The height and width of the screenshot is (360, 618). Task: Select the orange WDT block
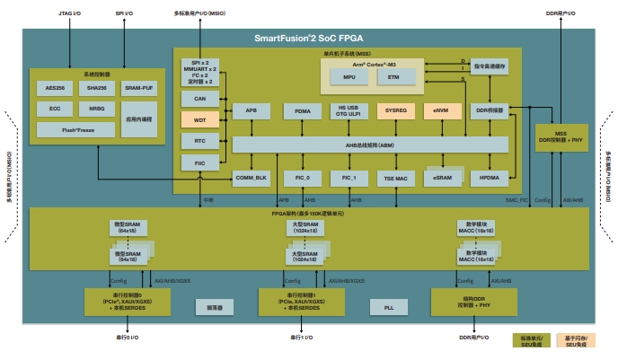199,119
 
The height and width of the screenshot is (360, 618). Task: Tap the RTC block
199,141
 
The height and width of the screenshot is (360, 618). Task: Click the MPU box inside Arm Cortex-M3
349,78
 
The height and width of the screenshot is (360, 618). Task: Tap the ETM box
393,78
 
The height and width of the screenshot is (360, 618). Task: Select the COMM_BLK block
251,178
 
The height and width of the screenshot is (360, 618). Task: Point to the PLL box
388,307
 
